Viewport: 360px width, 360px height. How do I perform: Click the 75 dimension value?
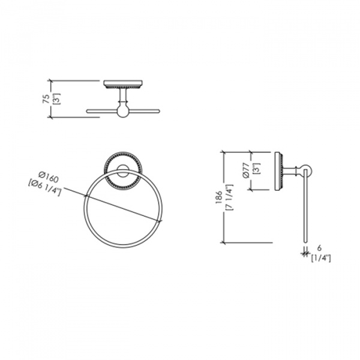46,99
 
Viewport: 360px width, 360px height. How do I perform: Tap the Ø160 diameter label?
49,176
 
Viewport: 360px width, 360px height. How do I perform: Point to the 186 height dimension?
218,197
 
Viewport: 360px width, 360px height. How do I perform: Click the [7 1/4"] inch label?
230,197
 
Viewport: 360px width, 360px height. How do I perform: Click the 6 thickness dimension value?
319,248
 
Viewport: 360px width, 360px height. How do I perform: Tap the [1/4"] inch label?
321,258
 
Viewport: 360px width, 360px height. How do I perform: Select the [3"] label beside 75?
57,99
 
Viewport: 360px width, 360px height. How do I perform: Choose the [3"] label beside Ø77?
257,169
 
